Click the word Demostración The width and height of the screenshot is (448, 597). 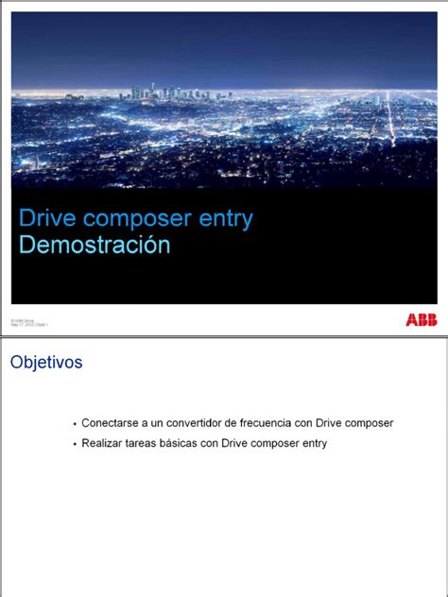(x=95, y=246)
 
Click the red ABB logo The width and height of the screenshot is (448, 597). (x=421, y=321)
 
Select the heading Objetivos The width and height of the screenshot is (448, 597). (x=46, y=363)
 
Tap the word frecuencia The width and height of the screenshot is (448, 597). (x=261, y=423)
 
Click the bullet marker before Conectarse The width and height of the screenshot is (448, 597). (x=75, y=424)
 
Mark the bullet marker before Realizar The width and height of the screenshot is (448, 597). (x=75, y=444)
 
